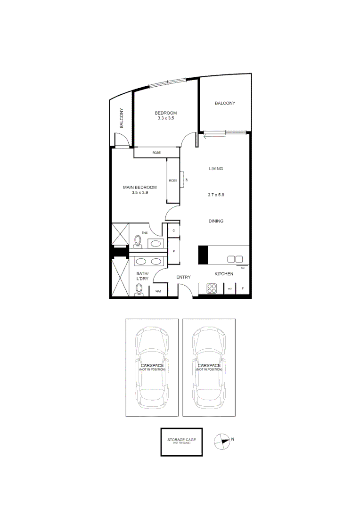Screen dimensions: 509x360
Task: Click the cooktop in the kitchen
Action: [210, 288]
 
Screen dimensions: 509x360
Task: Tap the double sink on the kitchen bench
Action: [235, 259]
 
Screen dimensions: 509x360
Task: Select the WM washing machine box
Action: [158, 292]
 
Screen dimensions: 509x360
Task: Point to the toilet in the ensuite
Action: [138, 241]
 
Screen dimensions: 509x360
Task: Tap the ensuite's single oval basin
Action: [155, 243]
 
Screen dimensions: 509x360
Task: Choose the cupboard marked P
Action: [174, 251]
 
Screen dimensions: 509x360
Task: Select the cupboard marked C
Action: [174, 230]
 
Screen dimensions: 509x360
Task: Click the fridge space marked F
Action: [243, 288]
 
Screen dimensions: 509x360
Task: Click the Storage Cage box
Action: [181, 442]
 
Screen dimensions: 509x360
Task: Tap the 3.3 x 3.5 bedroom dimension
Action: [166, 118]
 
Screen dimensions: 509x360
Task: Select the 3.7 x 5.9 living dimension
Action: [216, 194]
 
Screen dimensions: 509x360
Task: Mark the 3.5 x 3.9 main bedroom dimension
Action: [139, 192]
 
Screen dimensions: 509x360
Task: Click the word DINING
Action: [216, 221]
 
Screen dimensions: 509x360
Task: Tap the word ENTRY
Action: [183, 277]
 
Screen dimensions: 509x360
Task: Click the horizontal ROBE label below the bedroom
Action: [157, 153]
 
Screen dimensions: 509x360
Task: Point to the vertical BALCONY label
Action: [122, 118]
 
